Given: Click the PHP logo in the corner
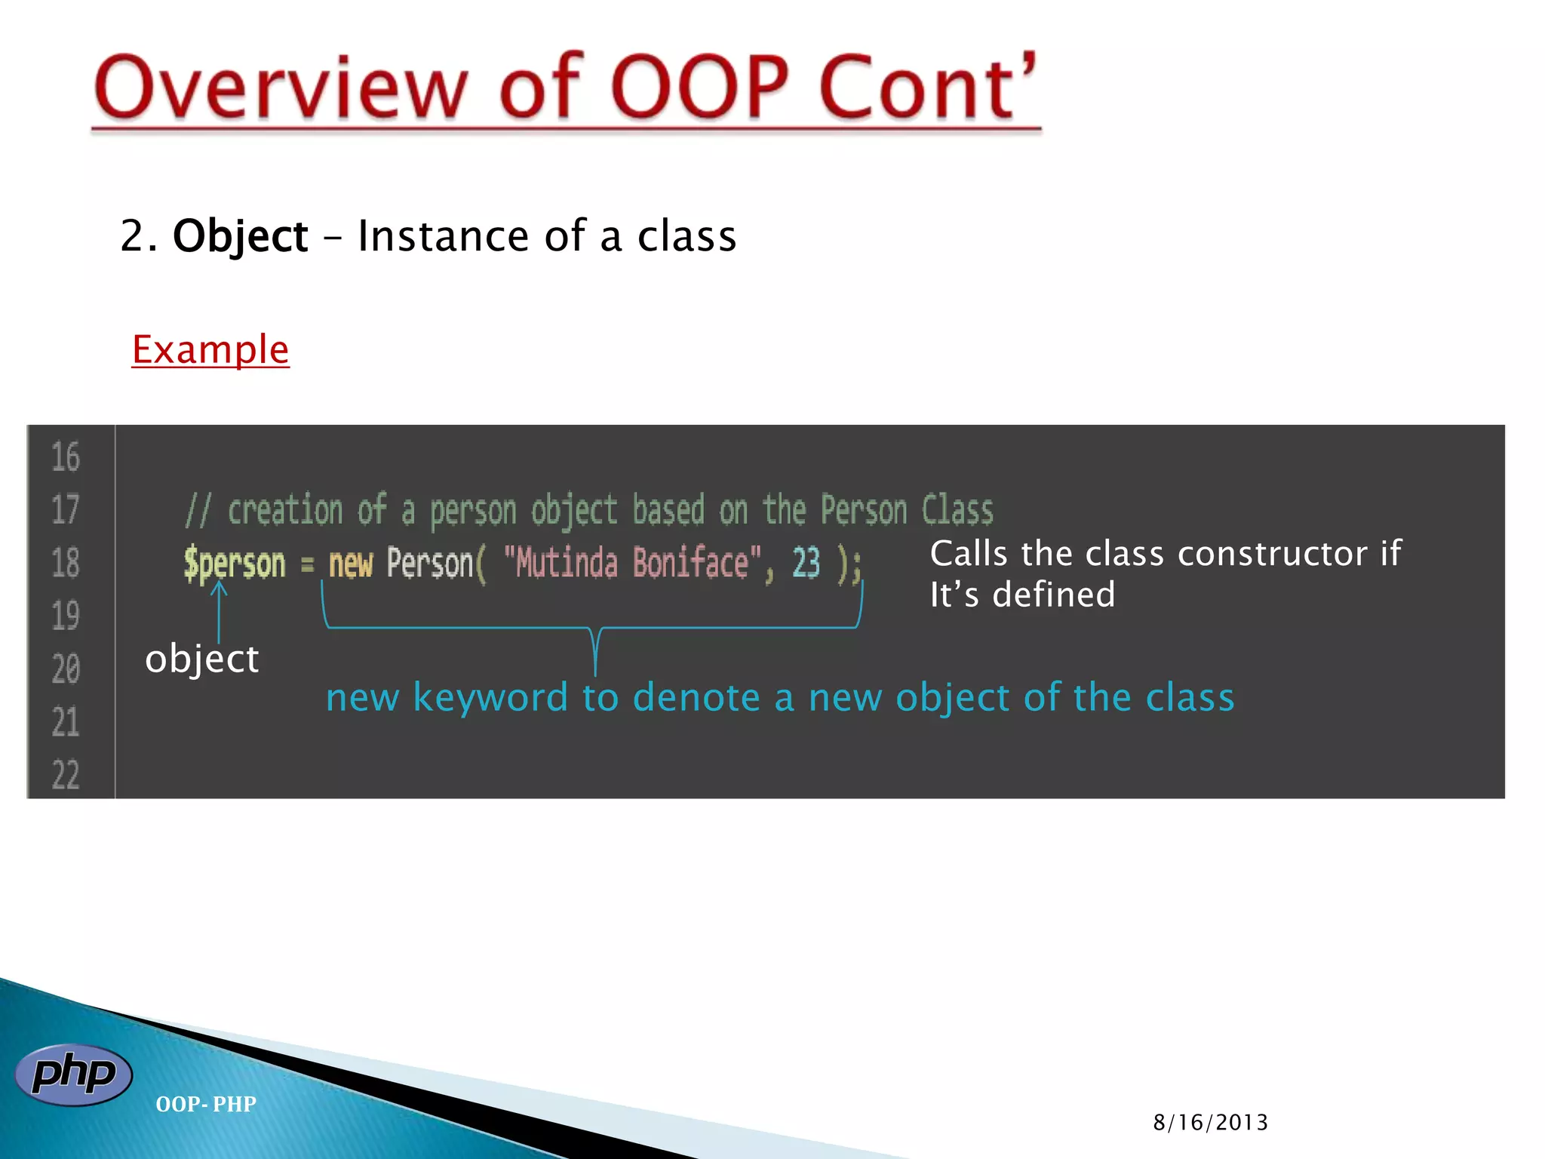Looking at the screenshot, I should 73,1074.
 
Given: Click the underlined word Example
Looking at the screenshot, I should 210,350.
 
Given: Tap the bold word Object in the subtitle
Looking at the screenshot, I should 240,236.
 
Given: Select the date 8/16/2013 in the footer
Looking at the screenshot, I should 1210,1123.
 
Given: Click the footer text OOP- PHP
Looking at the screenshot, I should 206,1104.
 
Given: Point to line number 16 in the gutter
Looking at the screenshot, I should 66,457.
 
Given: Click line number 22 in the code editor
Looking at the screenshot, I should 66,775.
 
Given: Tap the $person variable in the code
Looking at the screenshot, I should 235,564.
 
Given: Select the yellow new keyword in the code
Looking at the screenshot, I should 351,564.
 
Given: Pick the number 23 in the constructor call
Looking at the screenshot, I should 806,563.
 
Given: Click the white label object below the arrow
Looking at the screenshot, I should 201,659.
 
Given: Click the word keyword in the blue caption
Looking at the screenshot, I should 490,697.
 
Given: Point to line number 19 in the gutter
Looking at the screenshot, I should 66,616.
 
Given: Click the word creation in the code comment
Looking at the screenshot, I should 285,510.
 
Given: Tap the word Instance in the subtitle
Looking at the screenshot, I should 444,236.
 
